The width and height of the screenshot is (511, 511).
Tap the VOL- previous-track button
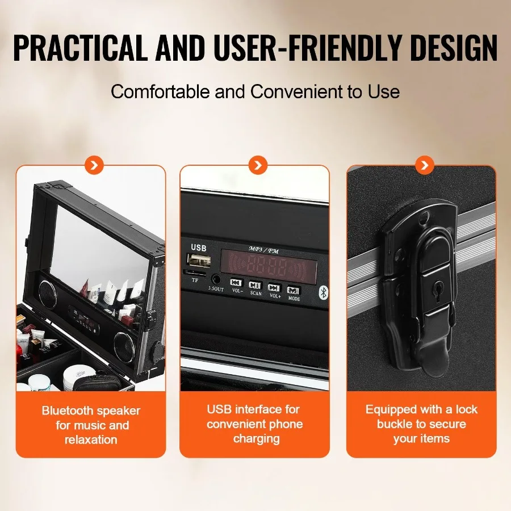click(x=236, y=283)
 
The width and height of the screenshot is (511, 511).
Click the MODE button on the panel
click(x=293, y=290)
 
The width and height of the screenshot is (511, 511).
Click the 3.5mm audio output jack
click(x=216, y=279)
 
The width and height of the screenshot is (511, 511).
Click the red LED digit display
click(x=269, y=264)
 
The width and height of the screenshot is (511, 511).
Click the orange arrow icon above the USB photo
click(x=258, y=165)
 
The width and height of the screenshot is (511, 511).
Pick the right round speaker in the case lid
click(x=123, y=344)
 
